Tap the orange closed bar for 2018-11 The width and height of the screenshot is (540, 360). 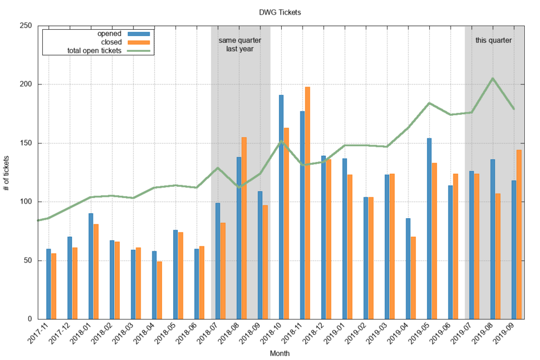coord(307,202)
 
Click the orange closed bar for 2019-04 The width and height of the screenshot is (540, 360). coord(413,278)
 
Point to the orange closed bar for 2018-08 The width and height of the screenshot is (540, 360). coord(244,228)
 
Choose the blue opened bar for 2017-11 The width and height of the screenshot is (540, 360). coord(48,283)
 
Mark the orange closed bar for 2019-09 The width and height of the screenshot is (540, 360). coord(519,234)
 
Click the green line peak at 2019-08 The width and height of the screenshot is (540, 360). coord(493,78)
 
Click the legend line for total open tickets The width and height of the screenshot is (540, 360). coord(139,51)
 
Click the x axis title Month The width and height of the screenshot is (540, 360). coord(280,353)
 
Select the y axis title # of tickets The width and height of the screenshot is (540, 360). coord(7,172)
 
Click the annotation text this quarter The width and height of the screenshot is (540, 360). coord(493,40)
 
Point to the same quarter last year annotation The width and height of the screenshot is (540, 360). coord(240,44)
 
